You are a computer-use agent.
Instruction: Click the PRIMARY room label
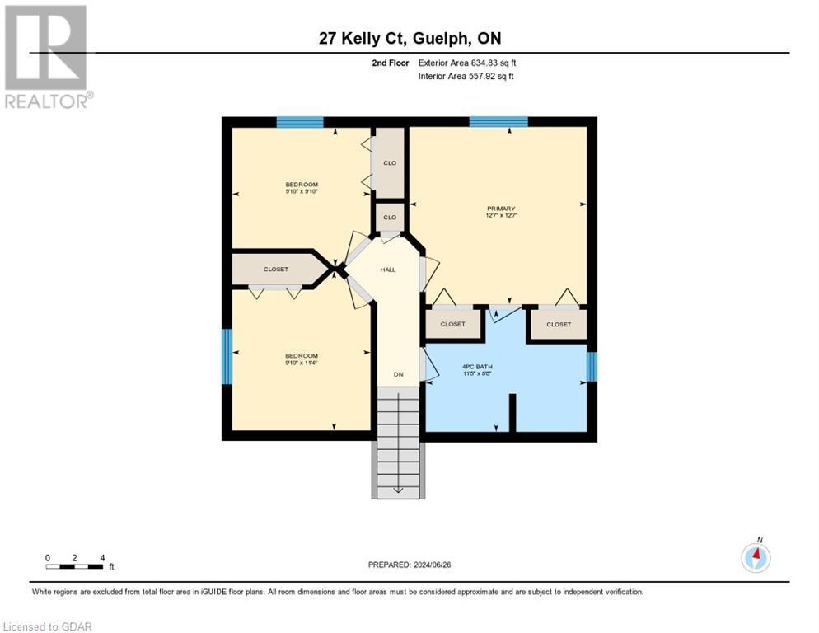pyautogui.click(x=500, y=209)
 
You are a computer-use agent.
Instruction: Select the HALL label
pyautogui.click(x=388, y=270)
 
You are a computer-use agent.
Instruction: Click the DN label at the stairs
pyautogui.click(x=398, y=374)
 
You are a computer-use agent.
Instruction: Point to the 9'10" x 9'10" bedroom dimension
pyautogui.click(x=301, y=191)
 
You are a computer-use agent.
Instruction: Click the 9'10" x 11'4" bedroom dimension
pyautogui.click(x=301, y=362)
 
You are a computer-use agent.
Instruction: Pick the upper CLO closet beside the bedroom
pyautogui.click(x=390, y=162)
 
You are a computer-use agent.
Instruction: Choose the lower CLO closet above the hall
pyautogui.click(x=390, y=218)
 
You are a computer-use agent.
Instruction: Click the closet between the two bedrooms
pyautogui.click(x=275, y=270)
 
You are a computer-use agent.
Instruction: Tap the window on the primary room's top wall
pyautogui.click(x=498, y=122)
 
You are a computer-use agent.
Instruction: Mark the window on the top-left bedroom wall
pyautogui.click(x=300, y=122)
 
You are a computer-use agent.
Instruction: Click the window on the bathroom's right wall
pyautogui.click(x=591, y=366)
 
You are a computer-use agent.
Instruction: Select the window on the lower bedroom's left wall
pyautogui.click(x=227, y=356)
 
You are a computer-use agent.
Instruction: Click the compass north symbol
pyautogui.click(x=756, y=556)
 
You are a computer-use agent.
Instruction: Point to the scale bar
pyautogui.click(x=75, y=565)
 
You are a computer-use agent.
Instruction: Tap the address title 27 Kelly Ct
pyautogui.click(x=409, y=39)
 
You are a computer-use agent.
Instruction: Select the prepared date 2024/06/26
pyautogui.click(x=409, y=565)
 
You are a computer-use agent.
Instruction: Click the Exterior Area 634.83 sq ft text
pyautogui.click(x=468, y=63)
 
